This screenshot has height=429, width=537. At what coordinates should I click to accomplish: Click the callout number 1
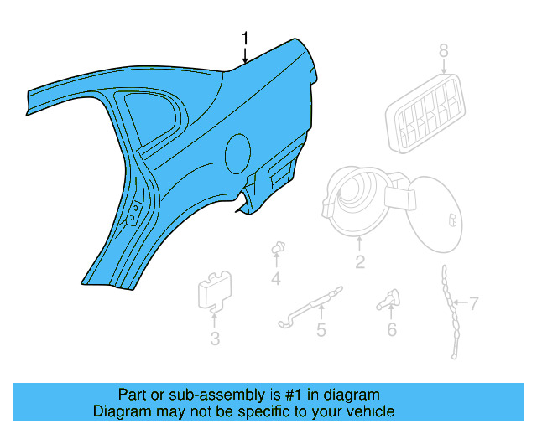pyautogui.click(x=245, y=39)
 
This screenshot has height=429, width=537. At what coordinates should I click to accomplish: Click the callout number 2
pyautogui.click(x=360, y=262)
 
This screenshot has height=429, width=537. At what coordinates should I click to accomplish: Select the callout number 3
pyautogui.click(x=215, y=339)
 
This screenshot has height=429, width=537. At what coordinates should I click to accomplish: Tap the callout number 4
pyautogui.click(x=275, y=278)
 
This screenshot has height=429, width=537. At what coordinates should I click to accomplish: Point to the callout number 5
pyautogui.click(x=321, y=330)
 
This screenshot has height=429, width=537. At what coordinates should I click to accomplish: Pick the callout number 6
pyautogui.click(x=391, y=330)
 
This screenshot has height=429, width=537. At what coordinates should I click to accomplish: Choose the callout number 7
pyautogui.click(x=473, y=302)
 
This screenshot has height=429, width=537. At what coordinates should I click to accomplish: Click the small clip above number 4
pyautogui.click(x=275, y=248)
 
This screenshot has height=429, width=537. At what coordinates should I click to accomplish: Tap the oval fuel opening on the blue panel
pyautogui.click(x=237, y=152)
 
